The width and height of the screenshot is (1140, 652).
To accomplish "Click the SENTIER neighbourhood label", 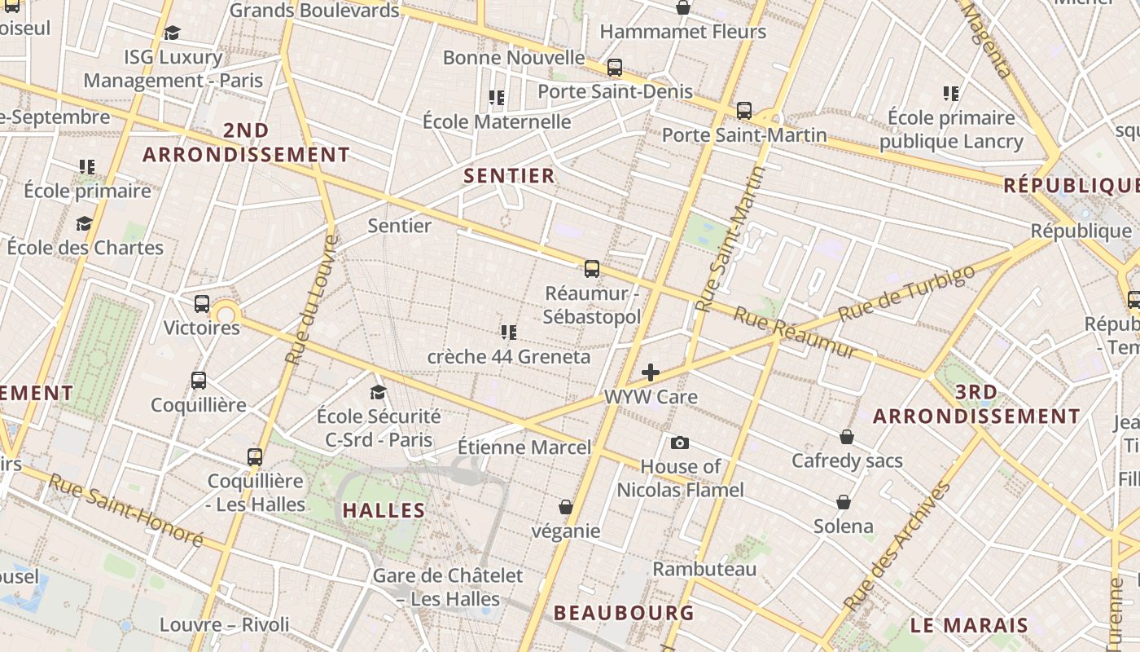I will pos(509,175).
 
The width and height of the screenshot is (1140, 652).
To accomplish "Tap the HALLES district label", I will pos(384,511).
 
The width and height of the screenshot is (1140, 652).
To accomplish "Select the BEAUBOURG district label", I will pos(624,613).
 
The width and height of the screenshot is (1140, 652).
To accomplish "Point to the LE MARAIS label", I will pos(969,626).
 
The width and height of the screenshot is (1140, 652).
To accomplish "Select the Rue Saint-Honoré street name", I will pos(126,510).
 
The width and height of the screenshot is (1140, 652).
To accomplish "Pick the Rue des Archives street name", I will pos(897,546).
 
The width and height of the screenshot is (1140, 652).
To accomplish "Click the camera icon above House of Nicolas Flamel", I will pos(680,443).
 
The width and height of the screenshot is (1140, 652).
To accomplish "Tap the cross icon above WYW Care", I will pos(651,373).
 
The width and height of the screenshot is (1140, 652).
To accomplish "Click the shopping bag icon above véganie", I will pos(566,507).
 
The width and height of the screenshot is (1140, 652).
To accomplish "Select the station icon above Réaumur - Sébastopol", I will pos(592,268).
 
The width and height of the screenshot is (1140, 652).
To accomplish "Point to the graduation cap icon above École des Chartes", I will pos(84,223).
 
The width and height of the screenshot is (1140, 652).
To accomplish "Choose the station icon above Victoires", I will pos(202,304).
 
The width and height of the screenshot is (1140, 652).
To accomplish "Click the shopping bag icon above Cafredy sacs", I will pos(847,437).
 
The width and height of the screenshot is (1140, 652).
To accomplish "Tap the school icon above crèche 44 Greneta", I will pos(509,332).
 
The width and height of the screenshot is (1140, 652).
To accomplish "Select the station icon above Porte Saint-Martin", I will pos(743,111).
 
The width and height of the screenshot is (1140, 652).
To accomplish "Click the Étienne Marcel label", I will pos(524,447).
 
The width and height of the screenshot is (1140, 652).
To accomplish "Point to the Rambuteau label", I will pos(704,569).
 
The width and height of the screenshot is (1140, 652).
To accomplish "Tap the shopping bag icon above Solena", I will pos(844,502).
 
